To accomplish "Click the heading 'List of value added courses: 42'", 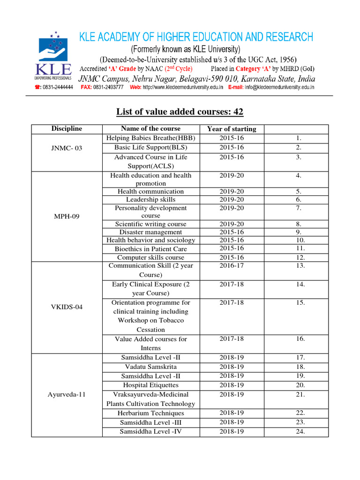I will [x=180, y=112].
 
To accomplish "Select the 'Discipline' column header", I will [x=67, y=129].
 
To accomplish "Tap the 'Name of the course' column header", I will [x=150, y=129].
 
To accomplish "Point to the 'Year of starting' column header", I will [x=232, y=129].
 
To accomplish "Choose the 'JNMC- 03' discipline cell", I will [x=67, y=148].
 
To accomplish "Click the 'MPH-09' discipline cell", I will [x=67, y=216].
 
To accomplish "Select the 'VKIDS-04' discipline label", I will [x=67, y=307].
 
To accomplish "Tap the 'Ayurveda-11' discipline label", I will [x=67, y=394].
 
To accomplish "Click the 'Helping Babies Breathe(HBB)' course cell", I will [x=150, y=138].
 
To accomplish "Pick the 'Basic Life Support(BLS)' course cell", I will [x=150, y=148].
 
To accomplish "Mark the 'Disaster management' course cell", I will [x=150, y=232].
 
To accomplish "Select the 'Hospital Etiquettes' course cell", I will [x=150, y=385].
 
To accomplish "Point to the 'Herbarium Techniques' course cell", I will [x=150, y=413].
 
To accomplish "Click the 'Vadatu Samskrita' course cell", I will [x=150, y=367].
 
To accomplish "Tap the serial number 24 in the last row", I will [x=300, y=432].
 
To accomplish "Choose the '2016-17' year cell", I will [x=232, y=266].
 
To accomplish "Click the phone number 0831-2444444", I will [x=57, y=87].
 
